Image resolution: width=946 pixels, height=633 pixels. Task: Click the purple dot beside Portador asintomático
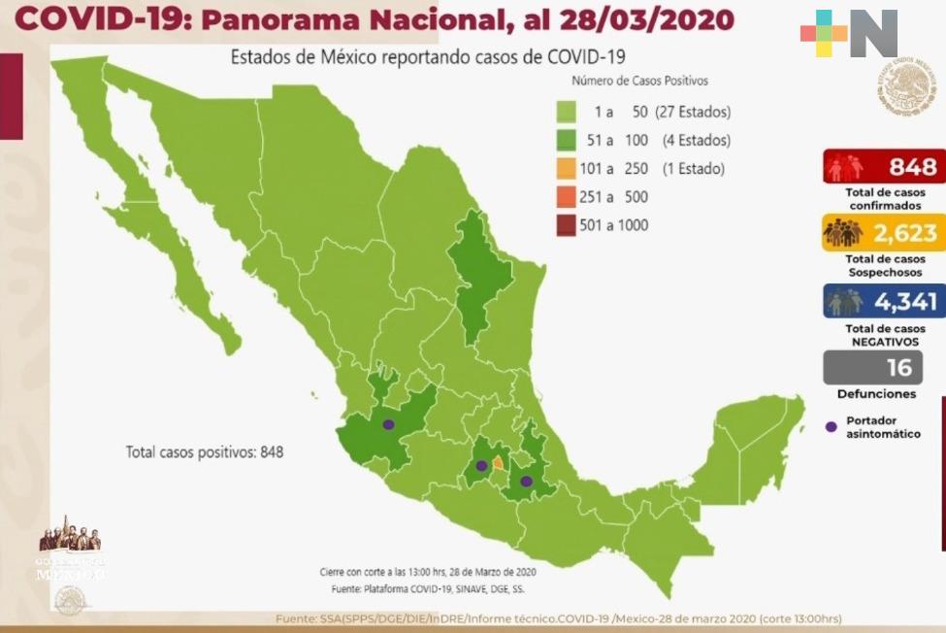pos(831,427)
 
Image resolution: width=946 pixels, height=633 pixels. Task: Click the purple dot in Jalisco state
pos(388,424)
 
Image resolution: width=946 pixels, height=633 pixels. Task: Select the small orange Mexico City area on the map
pos(499,463)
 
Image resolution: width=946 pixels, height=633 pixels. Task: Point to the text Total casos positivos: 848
pos(204,452)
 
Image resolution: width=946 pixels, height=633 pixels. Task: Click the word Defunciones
pos(876,394)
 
